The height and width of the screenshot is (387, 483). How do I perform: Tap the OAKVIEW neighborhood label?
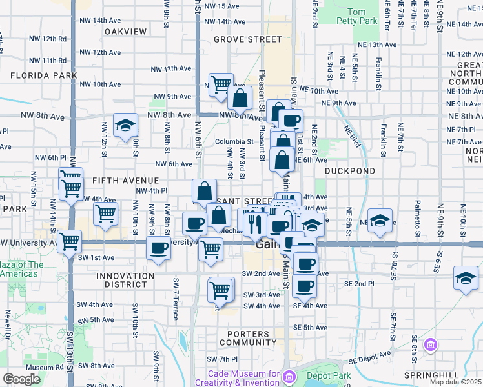[125, 31]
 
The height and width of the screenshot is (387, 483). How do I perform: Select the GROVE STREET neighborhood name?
[248, 39]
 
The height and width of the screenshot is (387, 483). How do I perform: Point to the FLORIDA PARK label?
[44, 75]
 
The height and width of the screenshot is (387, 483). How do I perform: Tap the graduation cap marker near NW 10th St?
[125, 125]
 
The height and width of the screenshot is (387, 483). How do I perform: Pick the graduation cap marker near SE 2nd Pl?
[466, 278]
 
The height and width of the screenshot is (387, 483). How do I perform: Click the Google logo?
[21, 379]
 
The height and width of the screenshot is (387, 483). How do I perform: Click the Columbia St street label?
[234, 141]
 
